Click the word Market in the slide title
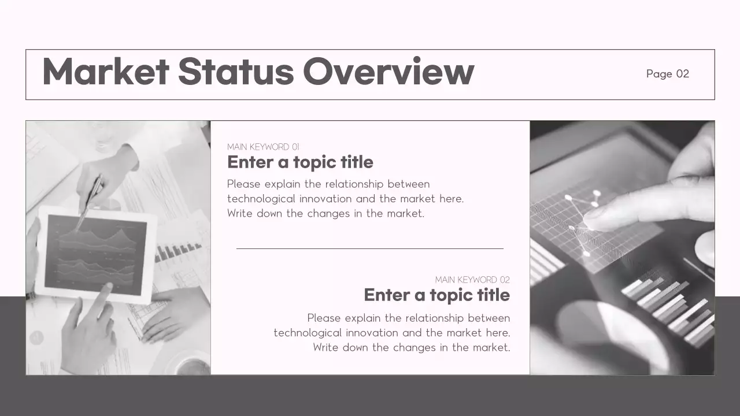[105, 72]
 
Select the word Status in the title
[235, 72]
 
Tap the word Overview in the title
[388, 72]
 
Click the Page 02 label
[668, 74]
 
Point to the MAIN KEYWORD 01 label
[263, 147]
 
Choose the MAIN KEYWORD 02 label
[472, 280]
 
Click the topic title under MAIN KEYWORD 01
[300, 162]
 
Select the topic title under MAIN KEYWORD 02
[436, 295]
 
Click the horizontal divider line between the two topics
[370, 248]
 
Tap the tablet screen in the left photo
[95, 253]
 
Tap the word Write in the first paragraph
[240, 213]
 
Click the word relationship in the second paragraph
[434, 318]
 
